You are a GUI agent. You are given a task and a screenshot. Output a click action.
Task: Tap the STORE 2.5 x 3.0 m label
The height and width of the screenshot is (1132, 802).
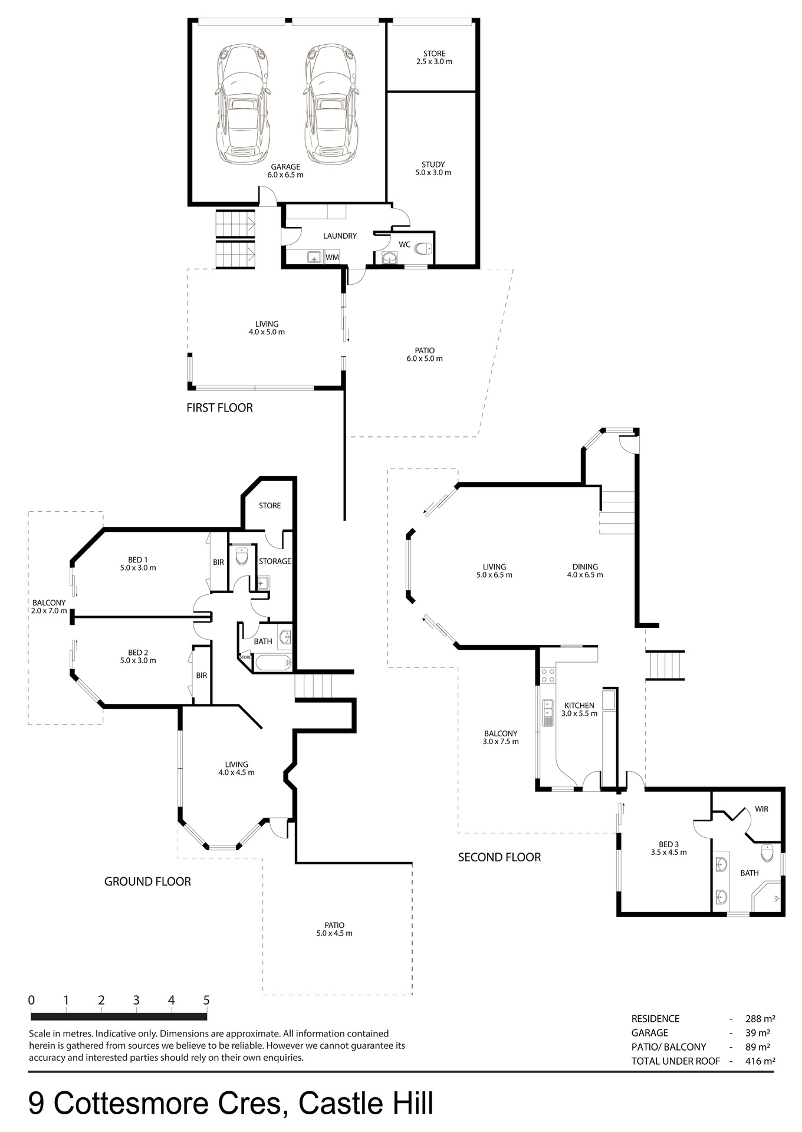point(434,57)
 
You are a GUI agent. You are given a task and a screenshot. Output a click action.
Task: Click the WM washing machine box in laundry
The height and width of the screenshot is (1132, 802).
point(333,258)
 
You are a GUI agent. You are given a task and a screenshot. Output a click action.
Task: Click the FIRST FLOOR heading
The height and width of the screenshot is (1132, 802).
point(219,408)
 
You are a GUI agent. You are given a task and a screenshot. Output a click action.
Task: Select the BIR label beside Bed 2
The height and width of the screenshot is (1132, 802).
point(202,676)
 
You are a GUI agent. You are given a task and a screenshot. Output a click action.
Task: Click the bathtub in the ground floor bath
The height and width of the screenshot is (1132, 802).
point(273,663)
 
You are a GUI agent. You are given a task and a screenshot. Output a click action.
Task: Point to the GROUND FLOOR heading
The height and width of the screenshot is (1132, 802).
point(147,882)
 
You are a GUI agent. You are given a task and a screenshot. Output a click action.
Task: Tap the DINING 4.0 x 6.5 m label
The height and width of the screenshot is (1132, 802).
point(585,571)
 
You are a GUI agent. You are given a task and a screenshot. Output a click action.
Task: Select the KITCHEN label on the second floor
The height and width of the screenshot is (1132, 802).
point(580,706)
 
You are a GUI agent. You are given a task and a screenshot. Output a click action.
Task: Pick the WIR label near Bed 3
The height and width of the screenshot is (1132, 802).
point(761,809)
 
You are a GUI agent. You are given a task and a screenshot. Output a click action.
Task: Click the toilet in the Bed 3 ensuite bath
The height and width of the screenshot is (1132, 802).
point(767,853)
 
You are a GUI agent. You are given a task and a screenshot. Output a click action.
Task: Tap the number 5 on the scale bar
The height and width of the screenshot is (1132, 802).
point(206,1001)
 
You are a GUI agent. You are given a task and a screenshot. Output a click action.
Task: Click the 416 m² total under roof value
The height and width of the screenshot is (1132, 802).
point(760,1061)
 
